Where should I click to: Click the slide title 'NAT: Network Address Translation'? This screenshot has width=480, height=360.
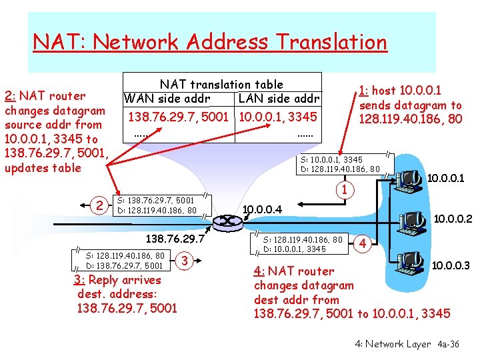click(x=210, y=43)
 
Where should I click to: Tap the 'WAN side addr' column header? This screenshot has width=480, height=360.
click(x=167, y=99)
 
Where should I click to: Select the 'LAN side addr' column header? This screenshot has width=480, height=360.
click(x=279, y=99)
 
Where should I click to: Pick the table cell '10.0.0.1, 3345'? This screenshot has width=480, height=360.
click(x=279, y=117)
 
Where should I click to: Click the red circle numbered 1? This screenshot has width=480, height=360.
click(x=345, y=189)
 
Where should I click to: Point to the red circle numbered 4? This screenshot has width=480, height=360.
click(x=363, y=243)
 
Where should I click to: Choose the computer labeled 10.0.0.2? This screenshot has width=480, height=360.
click(x=412, y=220)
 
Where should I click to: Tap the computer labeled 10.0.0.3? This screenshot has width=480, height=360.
click(x=411, y=261)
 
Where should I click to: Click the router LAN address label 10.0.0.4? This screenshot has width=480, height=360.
click(x=262, y=211)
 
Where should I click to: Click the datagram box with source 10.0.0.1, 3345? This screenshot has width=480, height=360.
click(x=341, y=165)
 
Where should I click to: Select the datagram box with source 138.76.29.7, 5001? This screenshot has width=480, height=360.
click(x=157, y=205)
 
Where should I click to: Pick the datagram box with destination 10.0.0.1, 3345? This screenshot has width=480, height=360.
click(x=304, y=244)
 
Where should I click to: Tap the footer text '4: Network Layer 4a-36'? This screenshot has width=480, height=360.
click(x=407, y=344)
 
